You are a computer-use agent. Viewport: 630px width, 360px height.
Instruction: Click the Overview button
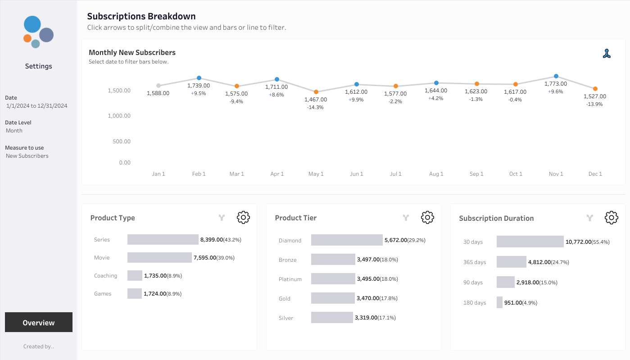coord(39,322)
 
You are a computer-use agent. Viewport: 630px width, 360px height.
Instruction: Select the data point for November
coord(556,76)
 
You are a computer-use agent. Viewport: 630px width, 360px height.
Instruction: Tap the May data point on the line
coord(316,92)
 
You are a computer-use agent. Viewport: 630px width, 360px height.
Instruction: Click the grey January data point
coord(159,86)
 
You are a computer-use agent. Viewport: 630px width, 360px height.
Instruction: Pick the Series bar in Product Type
coord(163,240)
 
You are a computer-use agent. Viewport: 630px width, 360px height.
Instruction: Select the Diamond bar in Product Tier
coord(347,240)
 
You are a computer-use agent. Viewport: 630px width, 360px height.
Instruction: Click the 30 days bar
coord(530,242)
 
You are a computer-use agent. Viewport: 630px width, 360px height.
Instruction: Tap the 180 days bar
coord(499,302)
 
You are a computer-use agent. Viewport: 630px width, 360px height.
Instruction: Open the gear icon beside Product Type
coord(243,217)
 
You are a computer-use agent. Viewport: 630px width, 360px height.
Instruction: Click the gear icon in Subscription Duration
coord(612,218)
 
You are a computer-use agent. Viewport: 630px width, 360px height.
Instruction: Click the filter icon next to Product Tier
coord(406,218)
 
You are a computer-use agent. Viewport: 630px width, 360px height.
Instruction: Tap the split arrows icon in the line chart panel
coord(607,53)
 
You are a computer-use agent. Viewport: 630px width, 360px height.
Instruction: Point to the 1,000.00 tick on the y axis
coord(119,116)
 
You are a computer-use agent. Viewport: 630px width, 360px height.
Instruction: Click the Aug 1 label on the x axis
coord(436,174)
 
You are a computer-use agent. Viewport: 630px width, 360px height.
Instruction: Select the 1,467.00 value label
coord(316,100)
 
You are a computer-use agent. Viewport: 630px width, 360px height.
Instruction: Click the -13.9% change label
coord(594,104)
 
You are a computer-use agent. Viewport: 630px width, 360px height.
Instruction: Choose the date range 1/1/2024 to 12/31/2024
coord(36,106)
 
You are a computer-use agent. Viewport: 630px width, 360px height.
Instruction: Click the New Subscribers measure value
coord(27,156)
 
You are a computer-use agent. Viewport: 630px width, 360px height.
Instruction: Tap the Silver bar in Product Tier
coord(332,317)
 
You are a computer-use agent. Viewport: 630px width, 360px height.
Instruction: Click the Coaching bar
coord(135,276)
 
